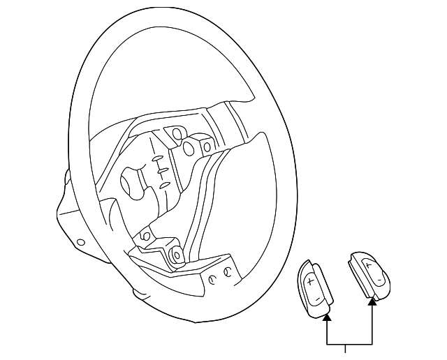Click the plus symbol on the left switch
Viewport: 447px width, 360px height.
309,281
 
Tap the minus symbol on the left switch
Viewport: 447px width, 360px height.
318,299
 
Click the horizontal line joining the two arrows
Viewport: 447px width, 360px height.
350,345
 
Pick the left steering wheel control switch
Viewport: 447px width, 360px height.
314,288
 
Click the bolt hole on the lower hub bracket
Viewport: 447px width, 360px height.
145,237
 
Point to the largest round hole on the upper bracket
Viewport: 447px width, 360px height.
189,147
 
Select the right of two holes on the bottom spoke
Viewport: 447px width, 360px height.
227,273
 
